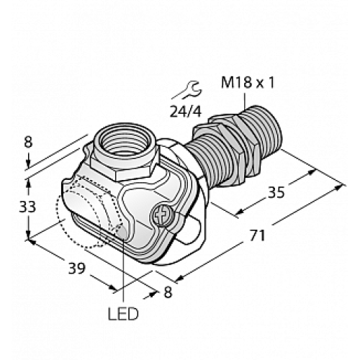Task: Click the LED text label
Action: pos(124,315)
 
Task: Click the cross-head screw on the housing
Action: pos(162,214)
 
